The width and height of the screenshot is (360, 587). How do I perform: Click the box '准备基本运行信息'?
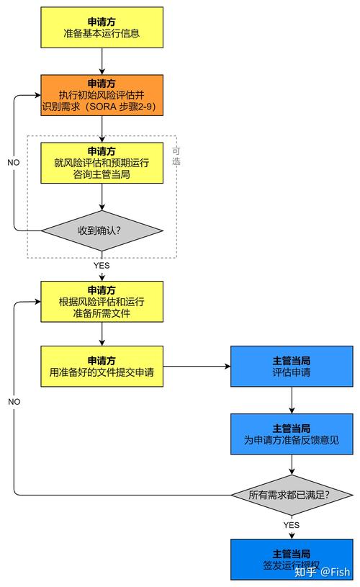(102, 27)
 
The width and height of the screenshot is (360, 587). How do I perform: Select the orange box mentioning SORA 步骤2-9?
(102, 95)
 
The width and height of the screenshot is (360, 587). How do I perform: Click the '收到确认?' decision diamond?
(102, 231)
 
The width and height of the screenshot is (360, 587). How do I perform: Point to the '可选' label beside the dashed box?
(176, 156)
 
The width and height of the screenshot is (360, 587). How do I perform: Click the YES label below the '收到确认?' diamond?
(102, 266)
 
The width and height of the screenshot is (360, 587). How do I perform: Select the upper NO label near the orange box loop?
(14, 163)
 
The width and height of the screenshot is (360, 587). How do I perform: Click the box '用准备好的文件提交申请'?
(102, 367)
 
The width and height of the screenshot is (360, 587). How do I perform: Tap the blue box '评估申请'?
(291, 367)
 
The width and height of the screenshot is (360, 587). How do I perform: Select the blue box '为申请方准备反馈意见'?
(291, 434)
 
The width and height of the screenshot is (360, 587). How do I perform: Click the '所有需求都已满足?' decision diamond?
(291, 495)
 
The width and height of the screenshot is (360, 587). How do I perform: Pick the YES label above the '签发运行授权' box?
(291, 525)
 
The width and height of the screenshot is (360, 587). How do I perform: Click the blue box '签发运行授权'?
(291, 559)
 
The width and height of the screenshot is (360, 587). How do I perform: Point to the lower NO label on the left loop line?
(14, 401)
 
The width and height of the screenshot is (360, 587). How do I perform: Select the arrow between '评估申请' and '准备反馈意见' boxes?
(291, 400)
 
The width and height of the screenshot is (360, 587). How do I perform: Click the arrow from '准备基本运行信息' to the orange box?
(102, 61)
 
